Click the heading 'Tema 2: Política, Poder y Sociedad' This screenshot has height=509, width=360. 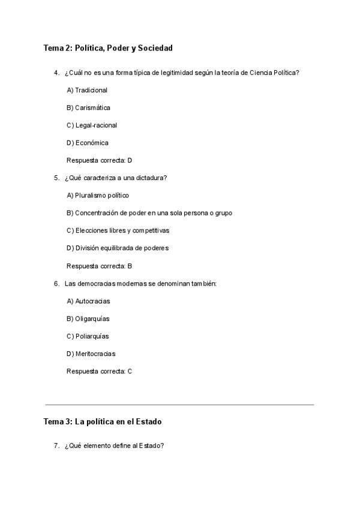[x=108, y=47]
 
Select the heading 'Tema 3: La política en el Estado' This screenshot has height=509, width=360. [x=102, y=422]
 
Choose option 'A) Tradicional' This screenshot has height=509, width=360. [x=87, y=90]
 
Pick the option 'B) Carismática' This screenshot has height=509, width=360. [x=88, y=107]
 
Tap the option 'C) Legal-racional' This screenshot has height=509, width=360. [x=92, y=125]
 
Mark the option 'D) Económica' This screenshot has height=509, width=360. [x=88, y=143]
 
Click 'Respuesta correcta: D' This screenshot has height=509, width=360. [x=99, y=160]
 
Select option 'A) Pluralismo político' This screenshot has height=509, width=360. [x=98, y=195]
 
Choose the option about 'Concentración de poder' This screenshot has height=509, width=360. [x=149, y=213]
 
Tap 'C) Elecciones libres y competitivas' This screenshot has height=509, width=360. [x=118, y=230]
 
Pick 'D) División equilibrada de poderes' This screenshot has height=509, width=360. [x=118, y=248]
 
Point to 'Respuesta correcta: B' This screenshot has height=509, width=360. [x=99, y=265]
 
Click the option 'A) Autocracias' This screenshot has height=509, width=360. [x=88, y=301]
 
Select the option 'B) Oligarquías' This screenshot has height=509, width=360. [x=88, y=319]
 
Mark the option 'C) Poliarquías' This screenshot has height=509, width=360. [x=88, y=336]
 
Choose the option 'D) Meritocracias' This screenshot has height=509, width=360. [x=91, y=354]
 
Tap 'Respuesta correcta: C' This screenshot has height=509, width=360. [x=99, y=371]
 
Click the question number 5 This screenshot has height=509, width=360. [x=56, y=178]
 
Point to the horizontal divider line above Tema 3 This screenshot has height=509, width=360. [x=179, y=405]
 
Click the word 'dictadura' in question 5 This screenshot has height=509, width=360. [x=152, y=178]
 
